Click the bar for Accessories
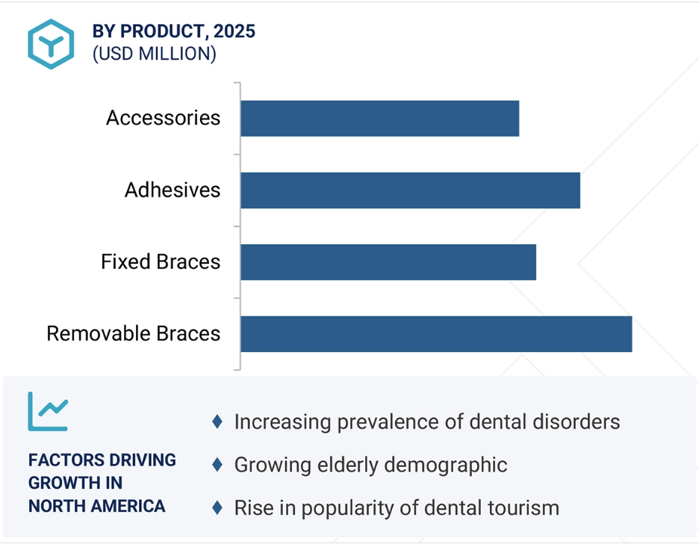coord(380,119)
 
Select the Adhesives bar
coord(411,191)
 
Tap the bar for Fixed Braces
coord(388,262)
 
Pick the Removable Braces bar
coord(436,334)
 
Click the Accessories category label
coord(163,118)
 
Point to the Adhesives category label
coord(173,190)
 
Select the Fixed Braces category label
coord(161,262)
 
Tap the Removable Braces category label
coord(133,333)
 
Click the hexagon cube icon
coord(51,44)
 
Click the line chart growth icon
coord(48,411)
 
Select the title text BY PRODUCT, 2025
coord(174,31)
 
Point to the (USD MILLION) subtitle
coord(155,54)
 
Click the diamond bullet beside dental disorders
coord(217,421)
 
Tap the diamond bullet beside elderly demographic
coord(217,465)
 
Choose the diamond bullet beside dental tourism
coord(217,507)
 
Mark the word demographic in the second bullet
coord(445,466)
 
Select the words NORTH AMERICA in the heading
coord(97,507)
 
